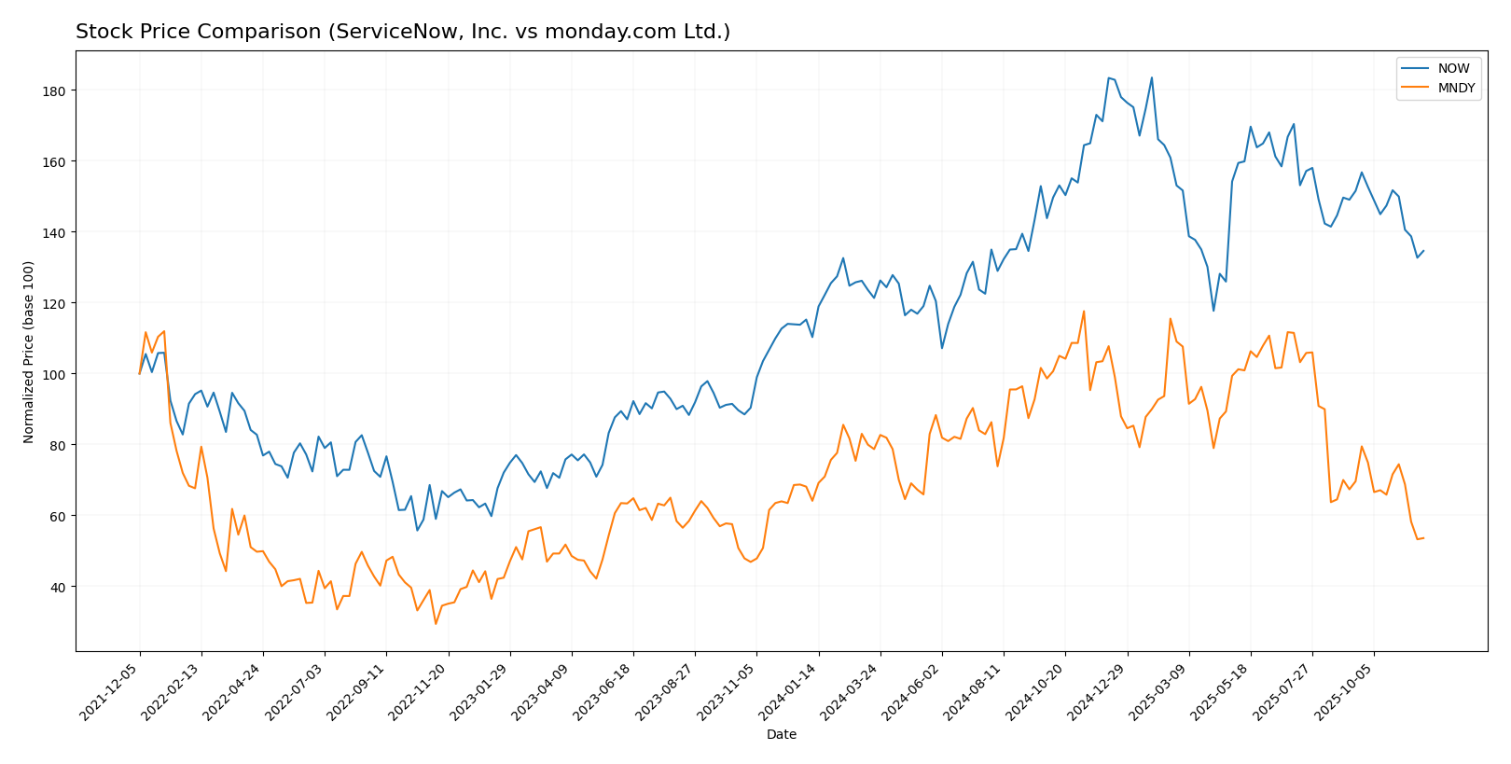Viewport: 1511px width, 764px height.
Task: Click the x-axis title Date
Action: click(781, 735)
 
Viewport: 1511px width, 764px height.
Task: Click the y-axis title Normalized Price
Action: click(29, 352)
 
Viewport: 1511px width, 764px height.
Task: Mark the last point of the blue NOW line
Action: click(1423, 250)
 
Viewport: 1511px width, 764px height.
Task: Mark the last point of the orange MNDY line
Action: click(1423, 538)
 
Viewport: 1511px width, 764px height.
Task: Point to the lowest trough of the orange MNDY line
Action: click(436, 624)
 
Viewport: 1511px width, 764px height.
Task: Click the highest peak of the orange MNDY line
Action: click(1083, 312)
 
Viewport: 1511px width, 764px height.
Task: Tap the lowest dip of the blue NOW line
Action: click(417, 531)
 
